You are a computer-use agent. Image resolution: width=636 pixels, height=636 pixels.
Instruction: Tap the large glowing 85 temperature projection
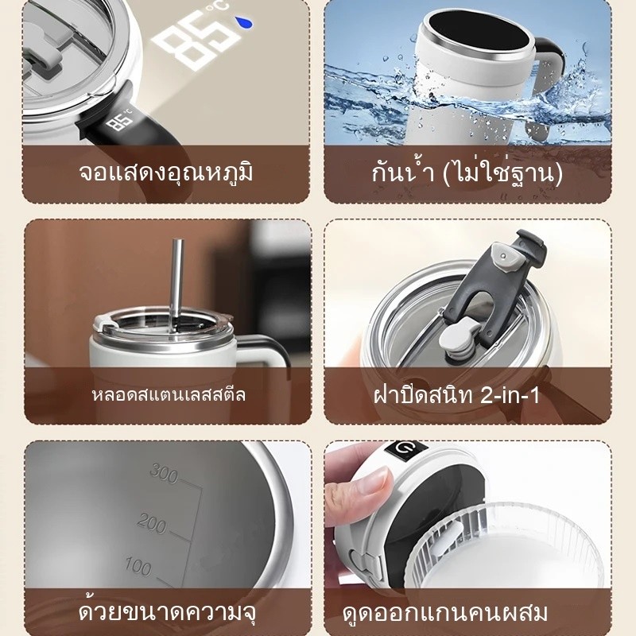(x=192, y=38)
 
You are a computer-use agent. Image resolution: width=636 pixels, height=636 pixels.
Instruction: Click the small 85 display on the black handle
(x=121, y=122)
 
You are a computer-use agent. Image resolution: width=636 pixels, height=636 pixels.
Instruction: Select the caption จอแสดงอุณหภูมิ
(x=166, y=173)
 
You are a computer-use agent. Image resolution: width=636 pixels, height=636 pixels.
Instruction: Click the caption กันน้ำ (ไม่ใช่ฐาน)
(x=467, y=173)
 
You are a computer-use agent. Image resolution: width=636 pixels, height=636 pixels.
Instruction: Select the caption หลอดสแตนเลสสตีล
(x=169, y=394)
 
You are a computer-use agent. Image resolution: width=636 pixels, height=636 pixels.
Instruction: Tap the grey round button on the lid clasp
(x=504, y=256)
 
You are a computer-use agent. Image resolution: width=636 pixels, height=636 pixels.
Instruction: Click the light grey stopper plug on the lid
(x=459, y=339)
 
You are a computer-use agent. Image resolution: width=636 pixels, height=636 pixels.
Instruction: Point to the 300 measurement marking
(x=164, y=473)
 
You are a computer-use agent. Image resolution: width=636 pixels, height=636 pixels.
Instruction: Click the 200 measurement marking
(x=152, y=523)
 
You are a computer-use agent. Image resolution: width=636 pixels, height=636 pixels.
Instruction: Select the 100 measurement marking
(x=138, y=566)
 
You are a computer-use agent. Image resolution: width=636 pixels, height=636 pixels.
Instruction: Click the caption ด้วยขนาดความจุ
(x=167, y=612)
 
